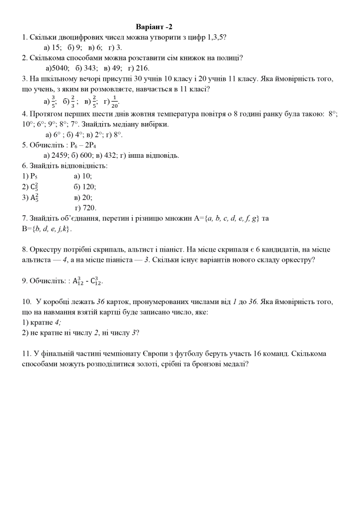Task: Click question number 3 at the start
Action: click(24, 79)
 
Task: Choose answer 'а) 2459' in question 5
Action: click(57, 155)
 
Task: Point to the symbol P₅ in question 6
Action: click(33, 176)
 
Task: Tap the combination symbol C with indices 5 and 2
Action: click(34, 187)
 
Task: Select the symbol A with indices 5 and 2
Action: click(34, 197)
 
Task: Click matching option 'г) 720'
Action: click(85, 208)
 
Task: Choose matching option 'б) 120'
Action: click(85, 187)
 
